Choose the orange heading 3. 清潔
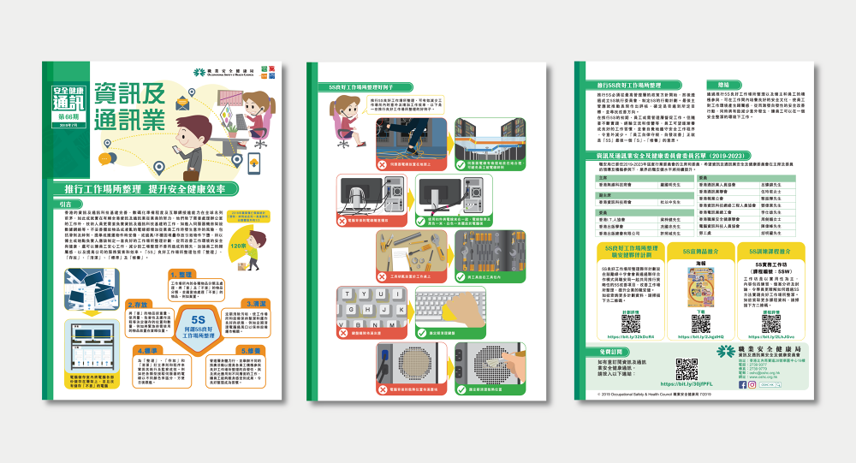pyautogui.click(x=254, y=303)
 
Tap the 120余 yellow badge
pyautogui.click(x=240, y=246)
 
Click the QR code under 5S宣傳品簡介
pyautogui.click(x=701, y=324)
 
